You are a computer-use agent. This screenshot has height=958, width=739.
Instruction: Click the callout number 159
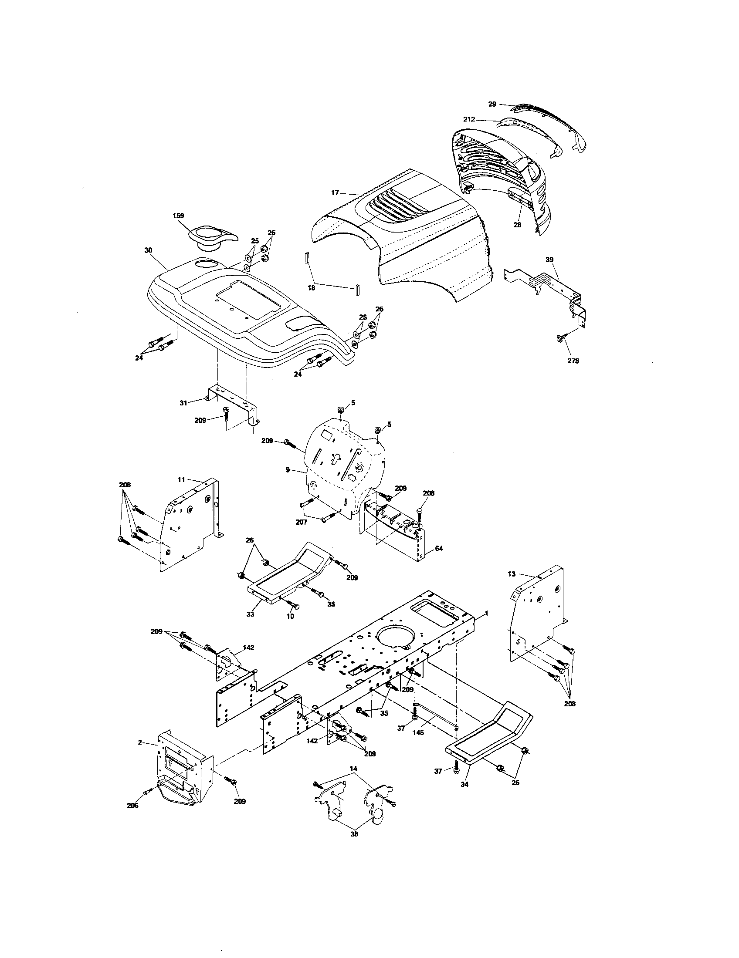[x=178, y=216]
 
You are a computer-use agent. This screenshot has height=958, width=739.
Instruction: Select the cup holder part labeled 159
[x=210, y=237]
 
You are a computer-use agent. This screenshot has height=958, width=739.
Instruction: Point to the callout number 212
[x=468, y=119]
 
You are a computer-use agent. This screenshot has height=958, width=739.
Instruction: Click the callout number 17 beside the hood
[x=335, y=192]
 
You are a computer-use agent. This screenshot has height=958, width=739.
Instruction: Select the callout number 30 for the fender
[x=148, y=250]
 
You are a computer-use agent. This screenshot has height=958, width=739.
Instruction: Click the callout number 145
[x=418, y=732]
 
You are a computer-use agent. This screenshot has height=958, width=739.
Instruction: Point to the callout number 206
[x=132, y=805]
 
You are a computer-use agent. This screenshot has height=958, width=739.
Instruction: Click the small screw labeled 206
[x=147, y=792]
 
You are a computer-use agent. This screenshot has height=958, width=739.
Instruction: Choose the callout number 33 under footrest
[x=250, y=614]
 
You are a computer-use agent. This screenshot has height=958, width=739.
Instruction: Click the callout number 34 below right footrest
[x=465, y=784]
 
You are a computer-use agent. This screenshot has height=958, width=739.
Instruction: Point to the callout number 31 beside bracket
[x=183, y=402]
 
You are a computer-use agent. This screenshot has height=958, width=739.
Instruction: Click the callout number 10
[x=290, y=616]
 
